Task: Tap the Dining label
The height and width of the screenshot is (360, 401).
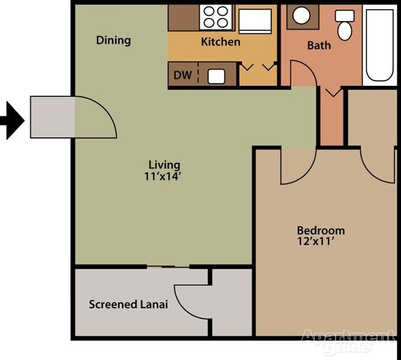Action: (114, 41)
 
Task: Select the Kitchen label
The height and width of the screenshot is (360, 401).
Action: (220, 43)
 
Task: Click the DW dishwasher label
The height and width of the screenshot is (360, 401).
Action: (181, 76)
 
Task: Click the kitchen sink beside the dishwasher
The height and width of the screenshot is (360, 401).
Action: (217, 76)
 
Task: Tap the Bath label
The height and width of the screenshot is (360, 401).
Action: (319, 45)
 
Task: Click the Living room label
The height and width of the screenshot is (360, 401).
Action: (164, 165)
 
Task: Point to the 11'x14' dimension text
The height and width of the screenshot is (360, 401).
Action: (164, 176)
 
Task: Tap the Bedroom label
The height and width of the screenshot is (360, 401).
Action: (320, 231)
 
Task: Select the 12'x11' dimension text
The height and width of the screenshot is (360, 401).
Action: (320, 242)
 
